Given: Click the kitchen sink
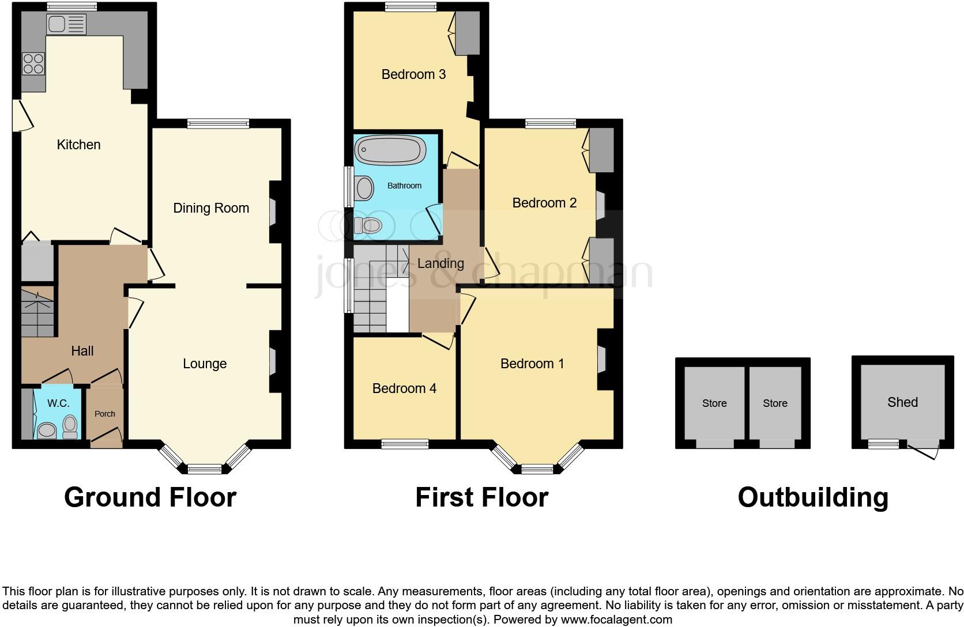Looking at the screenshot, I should click(x=66, y=24).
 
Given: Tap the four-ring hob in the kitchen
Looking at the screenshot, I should click(x=33, y=63).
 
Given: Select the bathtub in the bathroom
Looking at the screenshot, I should click(x=390, y=151).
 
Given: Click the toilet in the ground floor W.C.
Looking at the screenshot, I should click(x=70, y=426).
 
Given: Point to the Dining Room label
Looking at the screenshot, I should click(x=211, y=208).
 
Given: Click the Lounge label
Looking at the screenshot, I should click(x=205, y=364).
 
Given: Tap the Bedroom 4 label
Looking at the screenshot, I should click(x=404, y=388).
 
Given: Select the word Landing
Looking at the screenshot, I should click(x=440, y=263).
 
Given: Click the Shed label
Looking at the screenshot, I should click(x=902, y=402).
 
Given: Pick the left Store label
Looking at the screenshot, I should click(x=714, y=403).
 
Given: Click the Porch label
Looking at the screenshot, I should click(x=105, y=414).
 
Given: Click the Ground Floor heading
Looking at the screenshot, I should click(x=150, y=497).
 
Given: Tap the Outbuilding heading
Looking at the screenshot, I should click(x=813, y=497).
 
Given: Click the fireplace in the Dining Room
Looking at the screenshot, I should click(x=273, y=212).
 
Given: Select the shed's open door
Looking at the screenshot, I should click(x=922, y=451).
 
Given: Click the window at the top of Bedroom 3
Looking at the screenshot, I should click(x=411, y=7).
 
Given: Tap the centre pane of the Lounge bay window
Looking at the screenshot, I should click(x=205, y=469).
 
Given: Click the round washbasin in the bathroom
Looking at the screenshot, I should click(x=365, y=188).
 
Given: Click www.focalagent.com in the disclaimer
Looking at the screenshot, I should click(x=616, y=620).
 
